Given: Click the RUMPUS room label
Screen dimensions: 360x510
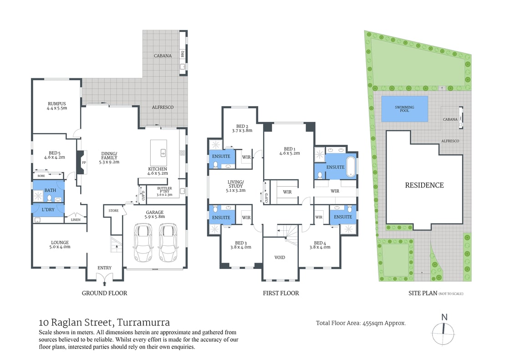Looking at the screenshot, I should click(56, 103).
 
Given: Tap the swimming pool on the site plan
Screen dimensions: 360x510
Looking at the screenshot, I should click(404, 109).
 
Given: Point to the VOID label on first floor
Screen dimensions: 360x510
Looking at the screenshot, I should click(280, 258).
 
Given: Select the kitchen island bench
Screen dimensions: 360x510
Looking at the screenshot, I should click(158, 152).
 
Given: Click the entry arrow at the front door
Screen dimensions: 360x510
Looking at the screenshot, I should click(104, 284).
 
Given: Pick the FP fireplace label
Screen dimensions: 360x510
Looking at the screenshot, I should click(83, 162).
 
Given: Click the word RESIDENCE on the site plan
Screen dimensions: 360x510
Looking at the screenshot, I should click(424, 185).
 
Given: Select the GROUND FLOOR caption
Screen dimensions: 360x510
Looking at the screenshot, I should click(104, 293).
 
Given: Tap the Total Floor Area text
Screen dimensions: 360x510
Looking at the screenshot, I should click(361, 323).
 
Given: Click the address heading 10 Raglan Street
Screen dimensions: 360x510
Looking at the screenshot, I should click(104, 323).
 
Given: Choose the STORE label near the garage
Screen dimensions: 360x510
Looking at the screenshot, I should click(113, 211).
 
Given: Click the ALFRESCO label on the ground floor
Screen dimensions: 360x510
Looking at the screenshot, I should click(163, 107).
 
